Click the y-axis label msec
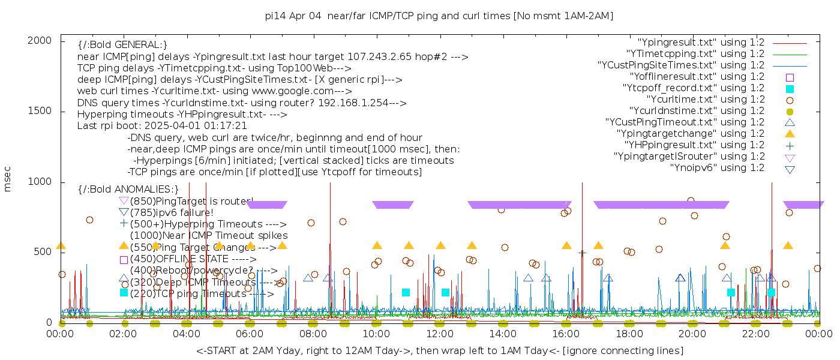(8, 179)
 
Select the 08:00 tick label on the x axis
(313, 334)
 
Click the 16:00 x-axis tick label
(566, 334)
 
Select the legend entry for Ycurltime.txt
(706, 100)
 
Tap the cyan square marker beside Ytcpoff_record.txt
(790, 88)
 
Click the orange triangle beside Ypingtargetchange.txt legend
(790, 134)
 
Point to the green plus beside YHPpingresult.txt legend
(790, 145)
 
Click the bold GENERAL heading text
(122, 45)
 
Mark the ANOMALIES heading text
(128, 190)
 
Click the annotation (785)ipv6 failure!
(172, 212)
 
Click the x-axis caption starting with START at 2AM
(439, 350)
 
